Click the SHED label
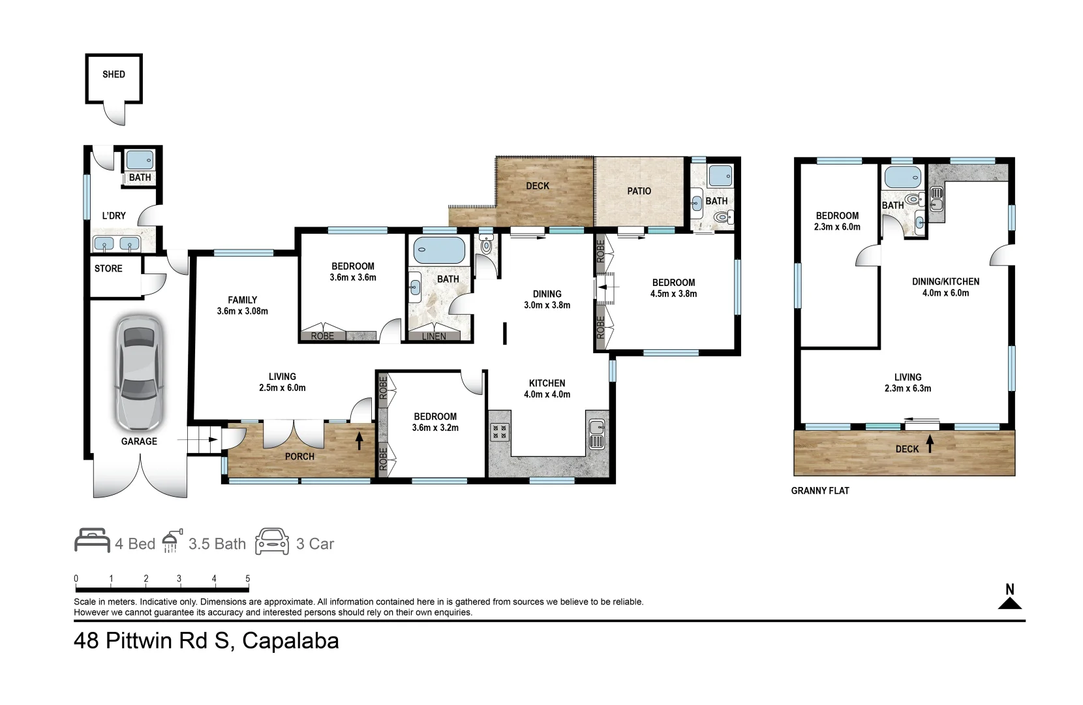[x=114, y=74]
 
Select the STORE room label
[x=108, y=268]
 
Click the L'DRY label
[x=114, y=215]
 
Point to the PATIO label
[x=639, y=191]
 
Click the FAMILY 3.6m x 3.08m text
[x=242, y=305]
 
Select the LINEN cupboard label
[x=434, y=336]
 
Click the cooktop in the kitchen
[x=499, y=431]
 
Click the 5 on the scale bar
[x=247, y=579]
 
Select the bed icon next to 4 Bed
[x=92, y=541]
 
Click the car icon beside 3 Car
[x=272, y=541]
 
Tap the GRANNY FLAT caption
[x=820, y=491]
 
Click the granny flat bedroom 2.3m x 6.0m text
[x=837, y=221]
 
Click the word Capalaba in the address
[x=290, y=641]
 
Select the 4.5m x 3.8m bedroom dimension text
[x=673, y=294]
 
